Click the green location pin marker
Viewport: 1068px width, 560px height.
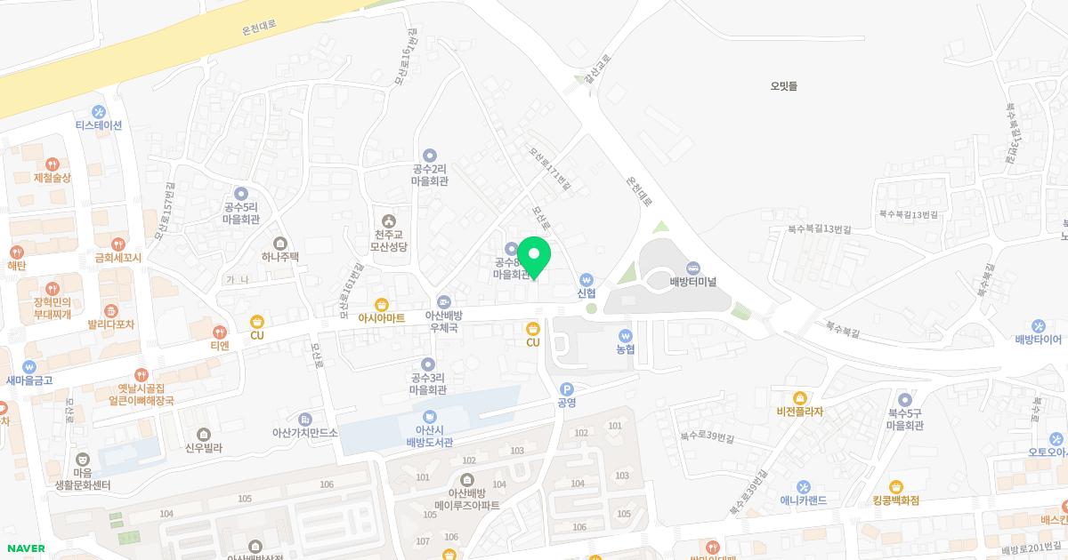pyautogui.click(x=534, y=257)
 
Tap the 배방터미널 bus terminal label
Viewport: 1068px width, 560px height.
pyautogui.click(x=693, y=282)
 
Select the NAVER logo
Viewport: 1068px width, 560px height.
pyautogui.click(x=25, y=548)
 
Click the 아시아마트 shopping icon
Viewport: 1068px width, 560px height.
pyautogui.click(x=381, y=304)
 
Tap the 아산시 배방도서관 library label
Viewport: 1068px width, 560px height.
pyautogui.click(x=430, y=436)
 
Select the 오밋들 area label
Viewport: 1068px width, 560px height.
pyautogui.click(x=784, y=86)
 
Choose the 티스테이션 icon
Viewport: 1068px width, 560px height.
pyautogui.click(x=99, y=112)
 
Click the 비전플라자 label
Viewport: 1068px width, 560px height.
pyautogui.click(x=800, y=412)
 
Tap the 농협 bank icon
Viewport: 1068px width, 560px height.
pyautogui.click(x=626, y=336)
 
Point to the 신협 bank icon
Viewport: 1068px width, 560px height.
pyautogui.click(x=586, y=280)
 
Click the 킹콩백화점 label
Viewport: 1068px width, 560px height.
pyautogui.click(x=895, y=500)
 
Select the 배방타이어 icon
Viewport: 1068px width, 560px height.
pyautogui.click(x=1039, y=325)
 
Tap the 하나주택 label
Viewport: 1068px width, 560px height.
pyautogui.click(x=280, y=256)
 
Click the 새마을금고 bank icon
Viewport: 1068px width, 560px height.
pyautogui.click(x=29, y=366)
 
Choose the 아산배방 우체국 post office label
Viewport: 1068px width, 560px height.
pyautogui.click(x=443, y=321)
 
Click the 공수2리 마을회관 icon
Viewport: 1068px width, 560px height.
pyautogui.click(x=430, y=155)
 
